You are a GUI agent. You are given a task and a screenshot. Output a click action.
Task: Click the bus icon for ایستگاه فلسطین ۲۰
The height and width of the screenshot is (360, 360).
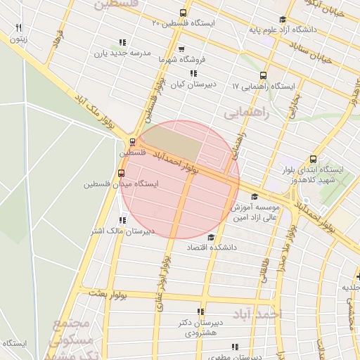coord(184,13)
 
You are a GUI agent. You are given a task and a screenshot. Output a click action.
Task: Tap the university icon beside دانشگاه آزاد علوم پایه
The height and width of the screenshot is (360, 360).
coord(283,20)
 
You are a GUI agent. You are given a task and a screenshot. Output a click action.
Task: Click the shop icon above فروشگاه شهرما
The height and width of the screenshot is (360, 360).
coord(182,49)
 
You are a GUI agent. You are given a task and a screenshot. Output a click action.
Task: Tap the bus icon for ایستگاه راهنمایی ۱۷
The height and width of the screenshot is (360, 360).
coord(264,75)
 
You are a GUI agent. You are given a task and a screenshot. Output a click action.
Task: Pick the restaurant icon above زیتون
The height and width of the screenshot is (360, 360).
coord(18,28)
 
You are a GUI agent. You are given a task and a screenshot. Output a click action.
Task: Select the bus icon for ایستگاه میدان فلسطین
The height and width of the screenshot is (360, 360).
coord(121,173)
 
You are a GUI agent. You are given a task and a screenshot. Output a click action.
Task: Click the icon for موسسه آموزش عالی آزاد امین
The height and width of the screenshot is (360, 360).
coord(254,196)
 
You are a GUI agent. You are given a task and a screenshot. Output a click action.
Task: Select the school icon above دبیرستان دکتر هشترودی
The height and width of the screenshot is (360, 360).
coord(200,311)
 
